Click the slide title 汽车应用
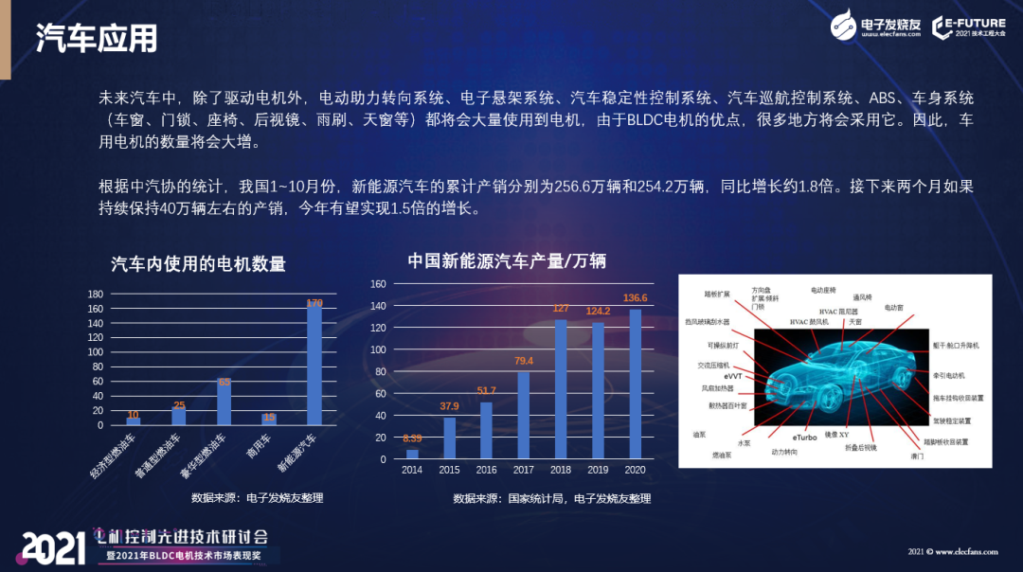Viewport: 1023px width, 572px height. click(x=97, y=38)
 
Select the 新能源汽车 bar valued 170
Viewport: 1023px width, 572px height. click(x=314, y=365)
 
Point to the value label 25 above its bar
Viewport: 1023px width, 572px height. click(x=179, y=405)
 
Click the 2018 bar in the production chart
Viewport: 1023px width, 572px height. click(x=560, y=389)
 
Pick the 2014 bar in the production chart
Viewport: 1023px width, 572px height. click(x=412, y=454)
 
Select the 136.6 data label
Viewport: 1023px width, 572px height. click(x=636, y=298)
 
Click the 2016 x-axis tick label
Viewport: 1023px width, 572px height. click(x=486, y=471)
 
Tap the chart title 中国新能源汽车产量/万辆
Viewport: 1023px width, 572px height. click(x=507, y=260)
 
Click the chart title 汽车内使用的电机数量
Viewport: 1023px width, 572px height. click(x=198, y=264)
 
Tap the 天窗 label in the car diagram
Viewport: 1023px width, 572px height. click(x=855, y=322)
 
